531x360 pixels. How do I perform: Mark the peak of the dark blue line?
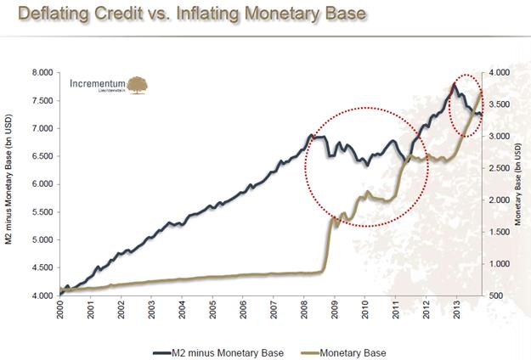(454, 85)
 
